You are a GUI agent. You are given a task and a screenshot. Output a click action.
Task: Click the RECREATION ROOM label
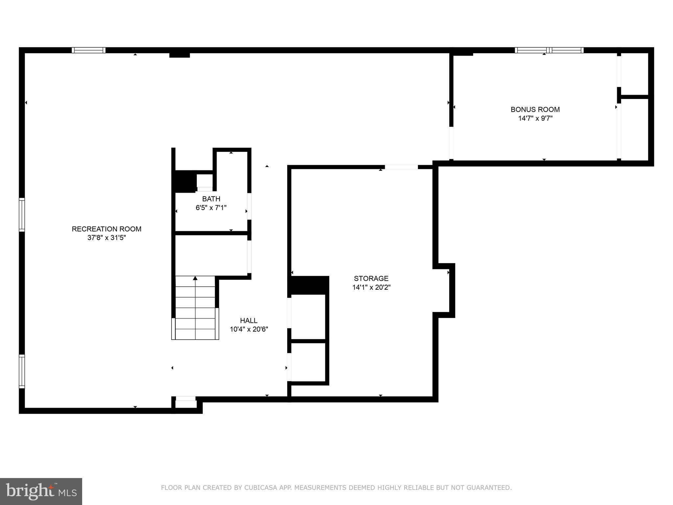tap(106, 229)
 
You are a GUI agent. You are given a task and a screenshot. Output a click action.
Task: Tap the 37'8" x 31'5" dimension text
tap(106, 238)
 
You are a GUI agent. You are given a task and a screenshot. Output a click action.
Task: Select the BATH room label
tap(211, 199)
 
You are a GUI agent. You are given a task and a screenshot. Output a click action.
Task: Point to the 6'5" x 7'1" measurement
tap(211, 208)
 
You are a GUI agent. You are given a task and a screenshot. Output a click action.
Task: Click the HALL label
tap(248, 321)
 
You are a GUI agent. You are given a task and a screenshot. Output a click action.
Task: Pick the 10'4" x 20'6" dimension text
tap(249, 329)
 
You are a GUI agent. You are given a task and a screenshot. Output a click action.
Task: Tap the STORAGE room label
tap(371, 278)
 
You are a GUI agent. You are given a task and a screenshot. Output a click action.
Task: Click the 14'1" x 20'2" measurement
tap(371, 287)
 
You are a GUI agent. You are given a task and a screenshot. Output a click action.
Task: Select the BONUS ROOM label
tap(535, 109)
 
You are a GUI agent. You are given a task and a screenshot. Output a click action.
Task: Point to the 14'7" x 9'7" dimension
tap(535, 118)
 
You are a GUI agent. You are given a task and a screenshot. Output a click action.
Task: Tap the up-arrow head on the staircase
tap(195, 278)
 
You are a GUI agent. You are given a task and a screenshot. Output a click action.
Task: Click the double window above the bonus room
tap(549, 50)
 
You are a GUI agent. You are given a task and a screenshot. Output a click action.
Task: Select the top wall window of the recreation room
tap(89, 50)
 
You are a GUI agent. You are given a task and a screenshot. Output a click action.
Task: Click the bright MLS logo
tap(41, 492)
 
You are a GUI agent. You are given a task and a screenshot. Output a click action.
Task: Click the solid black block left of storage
tap(309, 285)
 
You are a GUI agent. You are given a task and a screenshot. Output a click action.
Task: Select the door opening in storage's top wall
tap(401, 167)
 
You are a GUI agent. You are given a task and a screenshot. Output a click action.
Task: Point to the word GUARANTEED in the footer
tap(491, 488)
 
